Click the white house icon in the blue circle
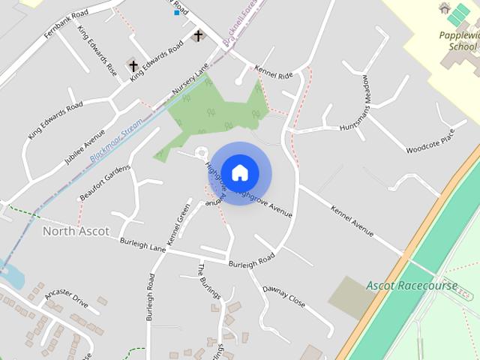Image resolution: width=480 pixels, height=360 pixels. click(240, 172)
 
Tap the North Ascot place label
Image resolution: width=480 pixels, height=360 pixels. click(76, 231)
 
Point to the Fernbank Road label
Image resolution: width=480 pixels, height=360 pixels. click(70, 23)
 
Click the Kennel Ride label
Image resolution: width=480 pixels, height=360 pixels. click(274, 73)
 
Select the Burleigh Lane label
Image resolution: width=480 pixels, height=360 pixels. click(142, 244)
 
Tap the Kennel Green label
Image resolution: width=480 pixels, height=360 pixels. click(179, 225)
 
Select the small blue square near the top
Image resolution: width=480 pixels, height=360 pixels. click(177, 12)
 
